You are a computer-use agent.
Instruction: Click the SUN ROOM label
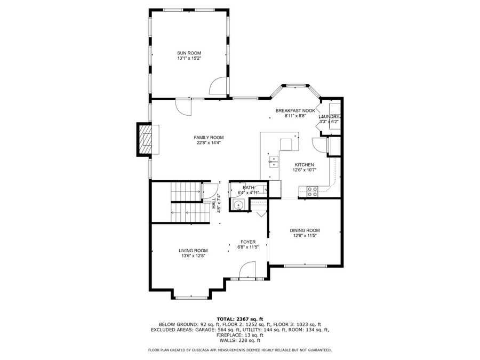(x=189, y=53)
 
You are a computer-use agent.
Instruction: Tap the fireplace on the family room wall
(x=145, y=139)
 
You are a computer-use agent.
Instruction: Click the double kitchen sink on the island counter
(x=273, y=161)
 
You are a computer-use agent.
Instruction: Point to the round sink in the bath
(x=239, y=204)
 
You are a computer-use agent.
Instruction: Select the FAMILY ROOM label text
(x=209, y=137)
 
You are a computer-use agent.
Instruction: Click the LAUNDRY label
(x=329, y=117)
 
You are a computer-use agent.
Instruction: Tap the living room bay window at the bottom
(x=192, y=297)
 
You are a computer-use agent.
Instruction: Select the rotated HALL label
(x=214, y=203)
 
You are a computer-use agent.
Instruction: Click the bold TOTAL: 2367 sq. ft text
(x=239, y=318)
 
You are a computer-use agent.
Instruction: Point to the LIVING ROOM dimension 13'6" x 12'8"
(x=193, y=255)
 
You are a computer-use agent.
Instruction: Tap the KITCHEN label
(x=304, y=165)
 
